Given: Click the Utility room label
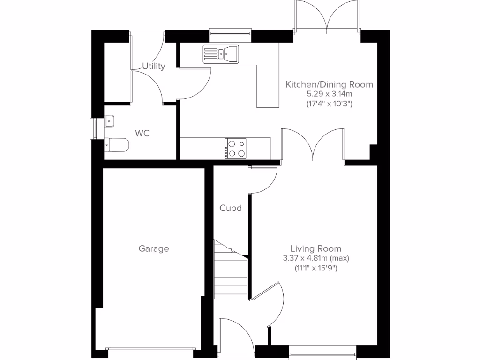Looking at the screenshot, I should (x=154, y=67).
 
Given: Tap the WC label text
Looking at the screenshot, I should (x=142, y=134).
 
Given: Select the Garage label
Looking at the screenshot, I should (x=154, y=249).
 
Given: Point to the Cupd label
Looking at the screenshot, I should (x=231, y=208).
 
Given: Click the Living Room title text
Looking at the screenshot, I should (x=315, y=248).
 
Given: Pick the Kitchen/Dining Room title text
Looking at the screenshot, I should (x=330, y=85).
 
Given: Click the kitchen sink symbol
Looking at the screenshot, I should (x=221, y=53).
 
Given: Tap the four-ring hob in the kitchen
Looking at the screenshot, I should (x=235, y=148).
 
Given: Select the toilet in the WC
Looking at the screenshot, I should (x=117, y=145).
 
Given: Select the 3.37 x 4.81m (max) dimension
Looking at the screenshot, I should (x=316, y=258).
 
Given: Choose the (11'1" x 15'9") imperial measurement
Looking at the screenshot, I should (x=315, y=268).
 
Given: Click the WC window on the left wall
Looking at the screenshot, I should (x=92, y=128).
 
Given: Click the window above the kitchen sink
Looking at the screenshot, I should (x=230, y=32).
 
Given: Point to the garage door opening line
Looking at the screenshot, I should (x=150, y=349).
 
